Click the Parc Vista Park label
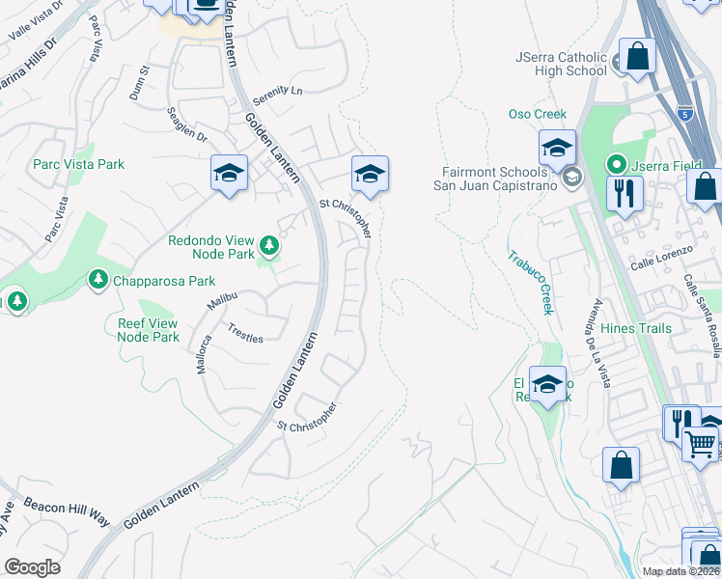[78, 165]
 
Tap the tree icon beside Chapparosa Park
[97, 281]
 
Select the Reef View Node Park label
[148, 331]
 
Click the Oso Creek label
[538, 115]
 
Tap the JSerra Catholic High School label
[561, 64]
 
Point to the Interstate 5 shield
[684, 113]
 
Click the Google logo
[32, 567]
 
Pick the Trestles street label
[245, 333]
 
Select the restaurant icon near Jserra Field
[625, 192]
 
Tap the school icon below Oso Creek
[557, 148]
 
